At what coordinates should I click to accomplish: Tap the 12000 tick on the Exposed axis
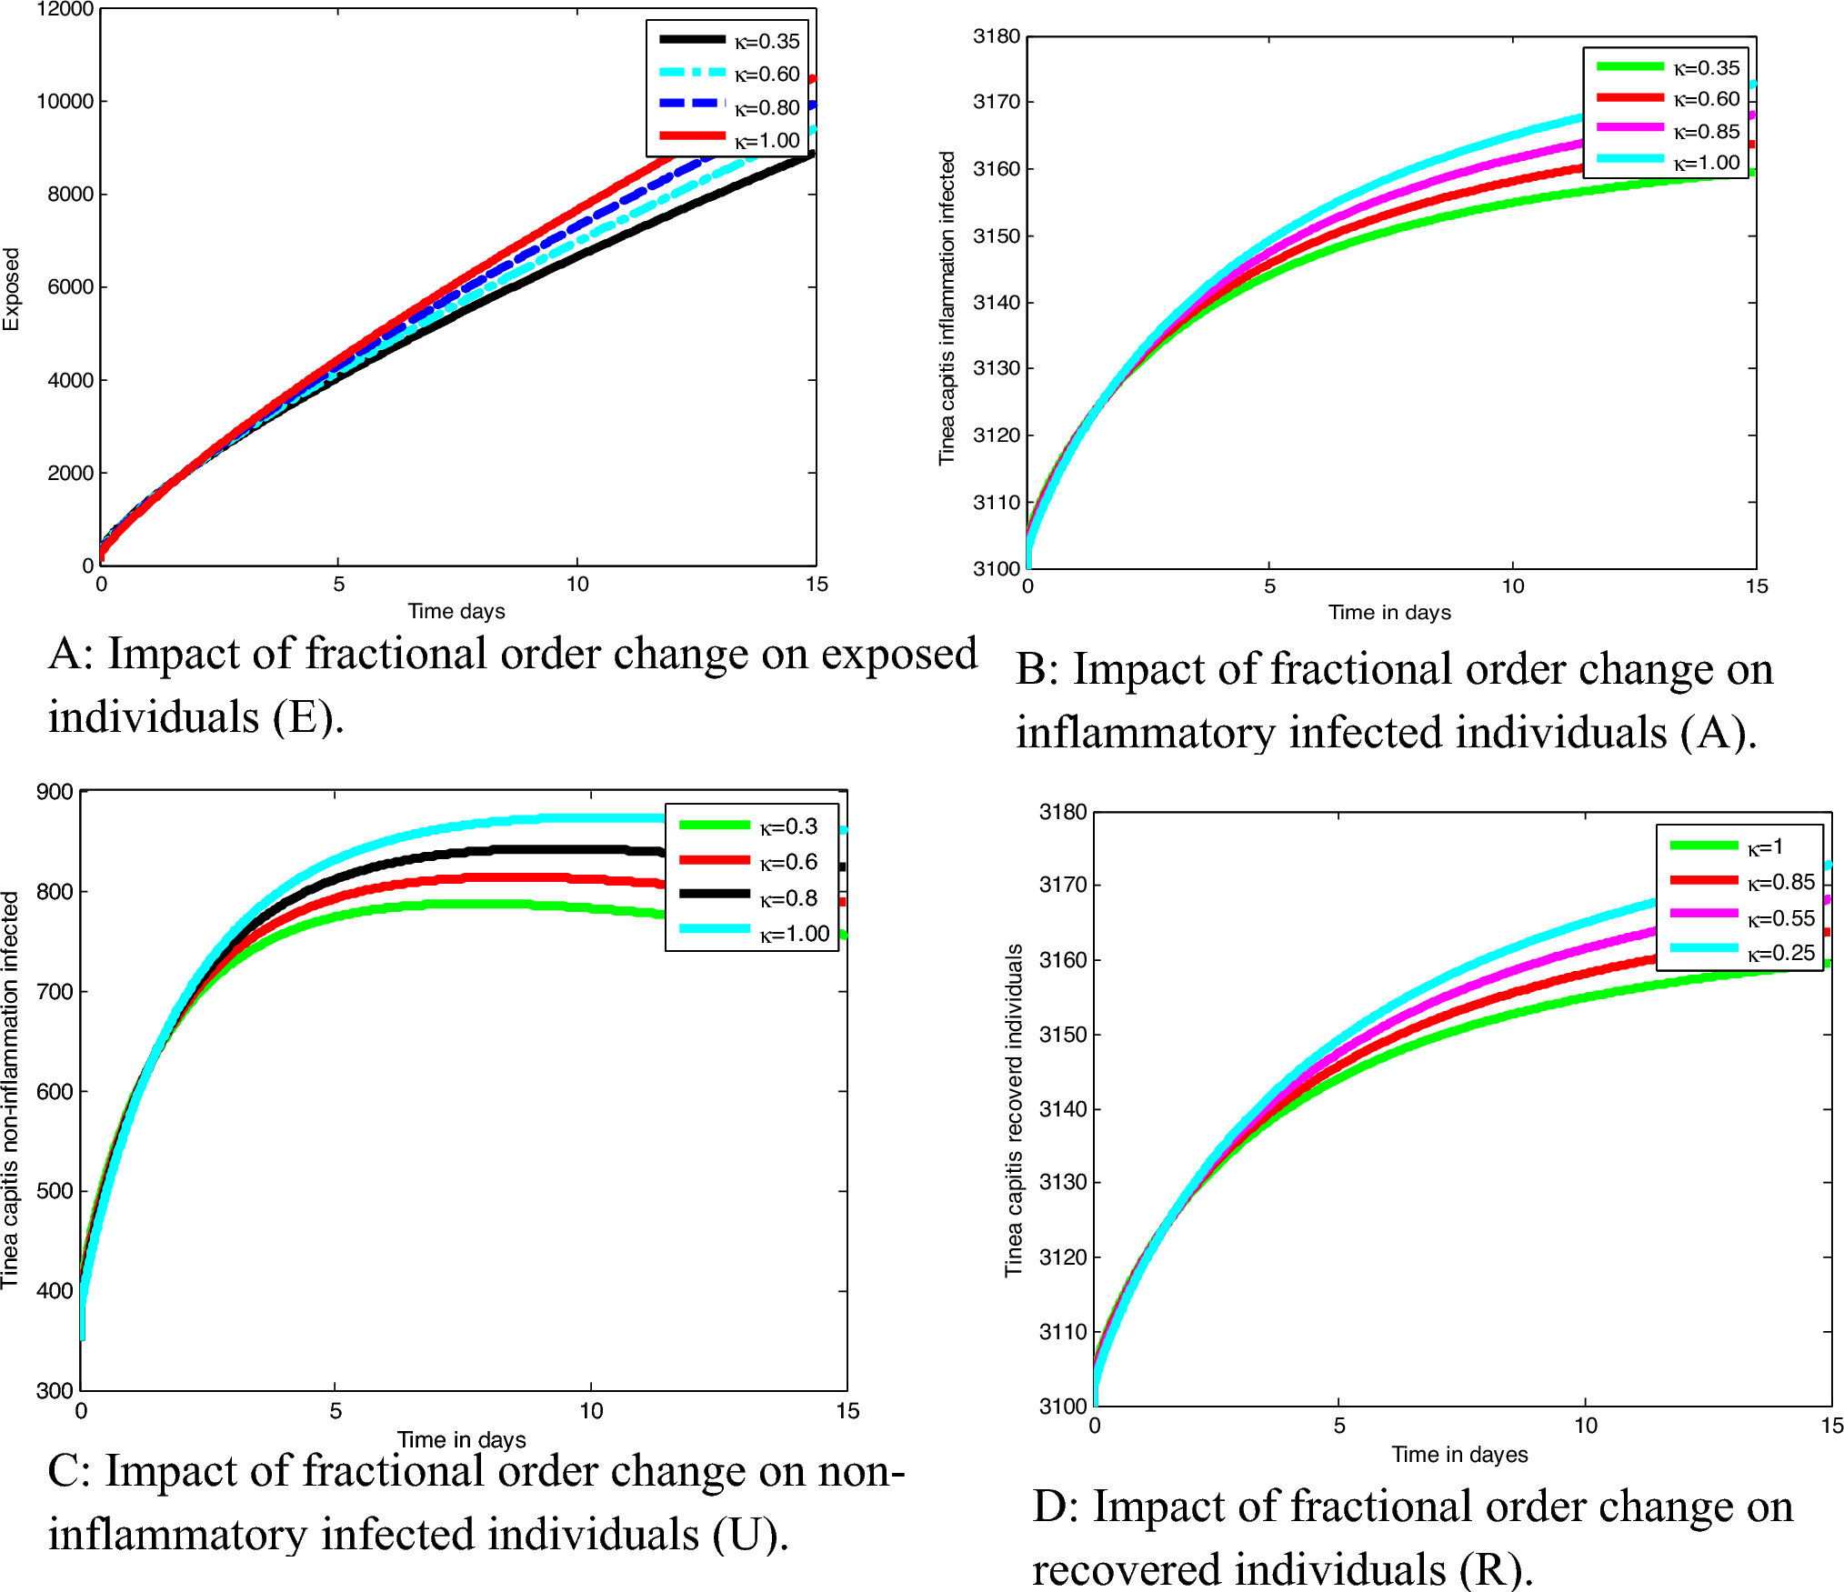pos(65,10)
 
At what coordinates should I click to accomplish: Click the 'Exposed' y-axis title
pos(11,289)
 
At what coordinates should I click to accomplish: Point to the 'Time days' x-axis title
pos(456,611)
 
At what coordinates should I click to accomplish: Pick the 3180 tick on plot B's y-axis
pos(997,36)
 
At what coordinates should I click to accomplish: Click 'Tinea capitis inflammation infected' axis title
pos(947,308)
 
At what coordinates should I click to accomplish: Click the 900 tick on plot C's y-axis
pos(55,792)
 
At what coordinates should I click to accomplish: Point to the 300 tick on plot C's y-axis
pos(55,1390)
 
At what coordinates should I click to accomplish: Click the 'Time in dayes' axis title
pos(1459,1455)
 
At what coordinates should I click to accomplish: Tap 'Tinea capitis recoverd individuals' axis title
pos(1013,1110)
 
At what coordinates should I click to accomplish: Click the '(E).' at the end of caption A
pos(308,717)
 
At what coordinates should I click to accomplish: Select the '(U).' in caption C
pos(750,1535)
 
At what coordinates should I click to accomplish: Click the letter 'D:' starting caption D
pos(1055,1507)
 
